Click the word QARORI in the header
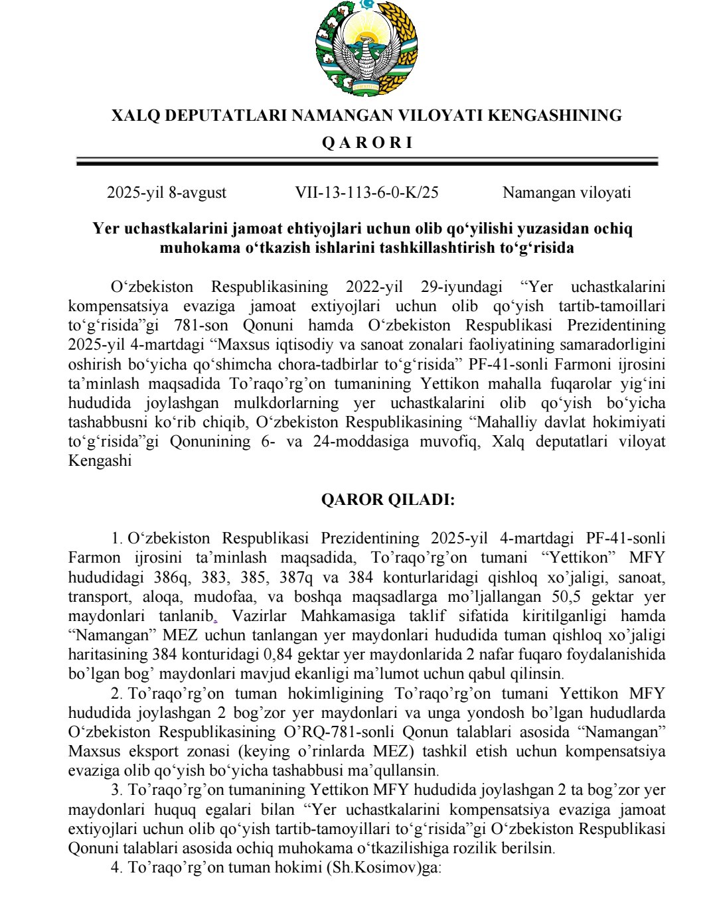pos(366,143)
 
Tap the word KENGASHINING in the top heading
pos(554,115)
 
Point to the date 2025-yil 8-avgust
pos(167,192)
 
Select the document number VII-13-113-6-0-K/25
pos(366,192)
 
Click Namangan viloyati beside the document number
pos(566,192)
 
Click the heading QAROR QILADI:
pos(388,500)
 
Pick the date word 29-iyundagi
pos(462,287)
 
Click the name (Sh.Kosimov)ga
pos(383,867)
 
